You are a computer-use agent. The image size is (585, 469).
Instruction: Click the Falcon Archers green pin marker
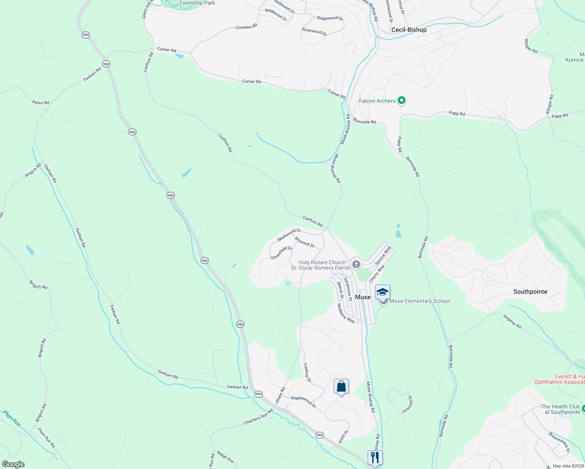[401, 101]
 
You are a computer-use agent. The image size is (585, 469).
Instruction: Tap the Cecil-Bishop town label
[409, 30]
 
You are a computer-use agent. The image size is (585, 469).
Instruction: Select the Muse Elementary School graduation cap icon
[382, 292]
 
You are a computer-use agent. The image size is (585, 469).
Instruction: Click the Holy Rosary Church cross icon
[356, 264]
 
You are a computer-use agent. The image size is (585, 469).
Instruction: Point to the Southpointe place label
[530, 292]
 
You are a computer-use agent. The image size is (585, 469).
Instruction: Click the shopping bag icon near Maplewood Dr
[341, 387]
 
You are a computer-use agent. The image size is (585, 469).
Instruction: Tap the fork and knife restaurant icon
[375, 457]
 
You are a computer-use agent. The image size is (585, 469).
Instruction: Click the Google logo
[13, 464]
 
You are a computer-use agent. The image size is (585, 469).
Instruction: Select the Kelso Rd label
[41, 102]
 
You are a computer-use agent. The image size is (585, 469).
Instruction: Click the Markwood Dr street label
[289, 235]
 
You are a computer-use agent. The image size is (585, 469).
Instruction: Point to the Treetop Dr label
[307, 372]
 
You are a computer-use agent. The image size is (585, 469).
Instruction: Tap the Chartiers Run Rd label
[258, 417]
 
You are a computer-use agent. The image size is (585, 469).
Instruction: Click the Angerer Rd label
[512, 321]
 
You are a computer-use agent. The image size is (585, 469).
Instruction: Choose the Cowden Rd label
[246, 27]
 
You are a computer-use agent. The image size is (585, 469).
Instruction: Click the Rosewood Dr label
[314, 32]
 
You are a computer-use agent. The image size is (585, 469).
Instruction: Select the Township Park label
[197, 3]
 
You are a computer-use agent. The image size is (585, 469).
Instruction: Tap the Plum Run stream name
[12, 418]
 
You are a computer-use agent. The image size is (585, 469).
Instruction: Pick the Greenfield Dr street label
[282, 252]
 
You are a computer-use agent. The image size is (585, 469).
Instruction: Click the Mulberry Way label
[346, 313]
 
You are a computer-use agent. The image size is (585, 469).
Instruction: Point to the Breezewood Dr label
[559, 442]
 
